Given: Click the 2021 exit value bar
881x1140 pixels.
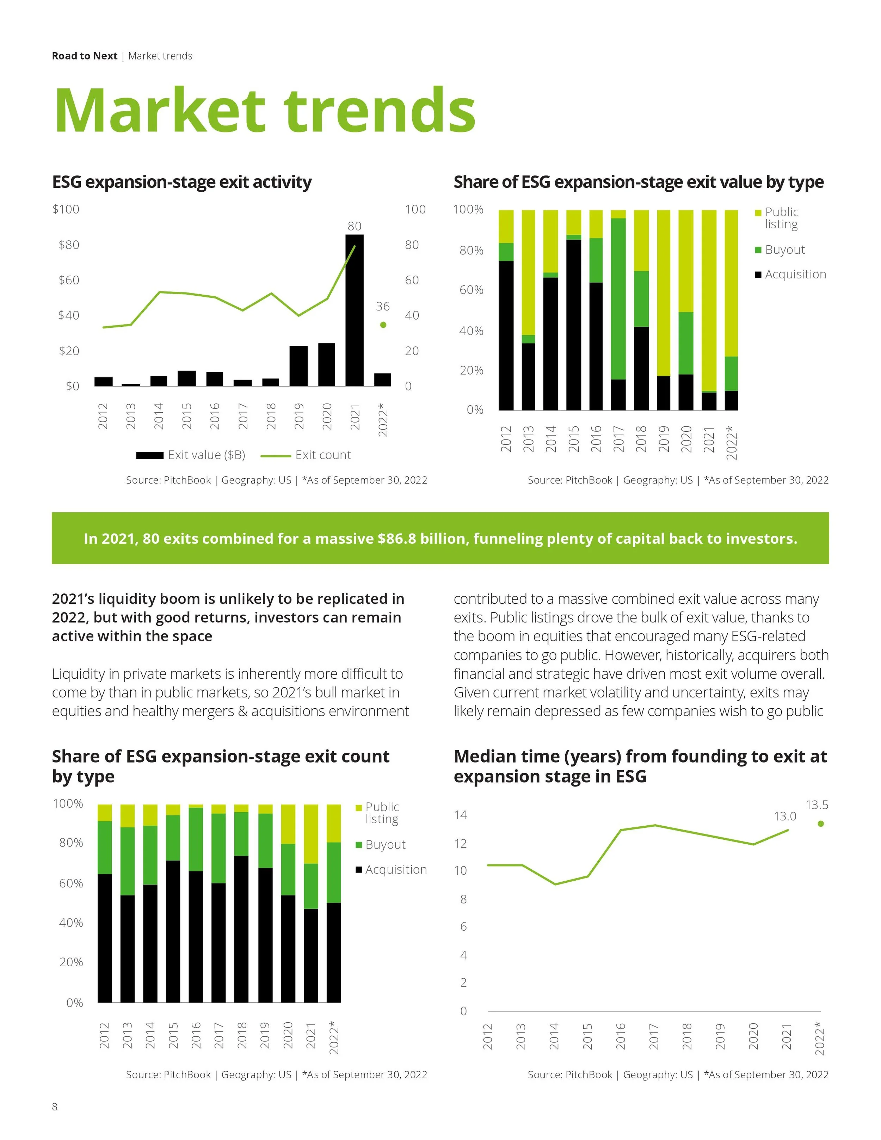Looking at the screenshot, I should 355,310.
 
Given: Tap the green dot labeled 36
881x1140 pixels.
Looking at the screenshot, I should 383,325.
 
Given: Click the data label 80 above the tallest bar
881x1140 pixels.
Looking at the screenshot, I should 355,226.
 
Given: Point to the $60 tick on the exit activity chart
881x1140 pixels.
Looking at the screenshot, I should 69,280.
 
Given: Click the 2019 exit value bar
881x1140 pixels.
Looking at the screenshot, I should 298,366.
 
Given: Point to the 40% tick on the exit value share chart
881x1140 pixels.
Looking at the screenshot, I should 471,331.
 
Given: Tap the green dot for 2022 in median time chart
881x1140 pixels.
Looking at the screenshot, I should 820,824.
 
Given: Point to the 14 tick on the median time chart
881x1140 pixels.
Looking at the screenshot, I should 460,815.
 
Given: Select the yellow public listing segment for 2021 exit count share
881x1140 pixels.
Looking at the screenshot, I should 311,834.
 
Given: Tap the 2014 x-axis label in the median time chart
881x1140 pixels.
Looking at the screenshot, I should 554,1036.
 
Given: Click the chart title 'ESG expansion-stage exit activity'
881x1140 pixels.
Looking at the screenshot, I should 181,182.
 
